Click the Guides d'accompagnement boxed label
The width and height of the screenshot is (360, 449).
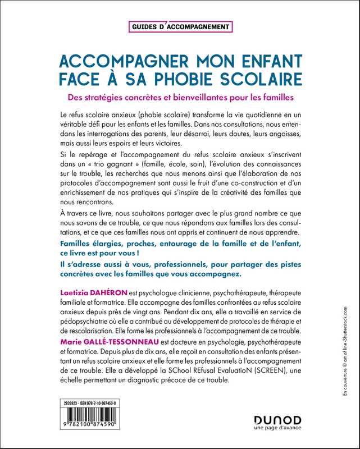180,26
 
